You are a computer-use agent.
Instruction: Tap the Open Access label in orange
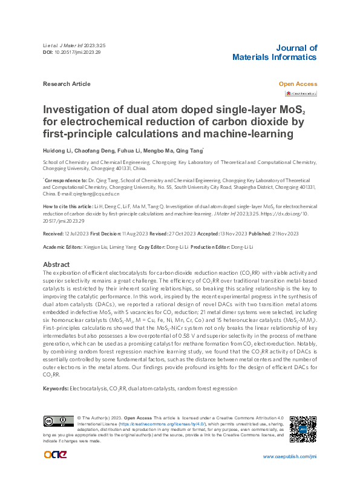[298, 84]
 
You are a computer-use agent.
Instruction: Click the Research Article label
[67, 84]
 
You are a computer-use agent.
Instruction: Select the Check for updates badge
[301, 93]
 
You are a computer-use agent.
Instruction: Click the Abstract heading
[57, 264]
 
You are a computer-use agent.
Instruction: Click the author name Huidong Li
[57, 150]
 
